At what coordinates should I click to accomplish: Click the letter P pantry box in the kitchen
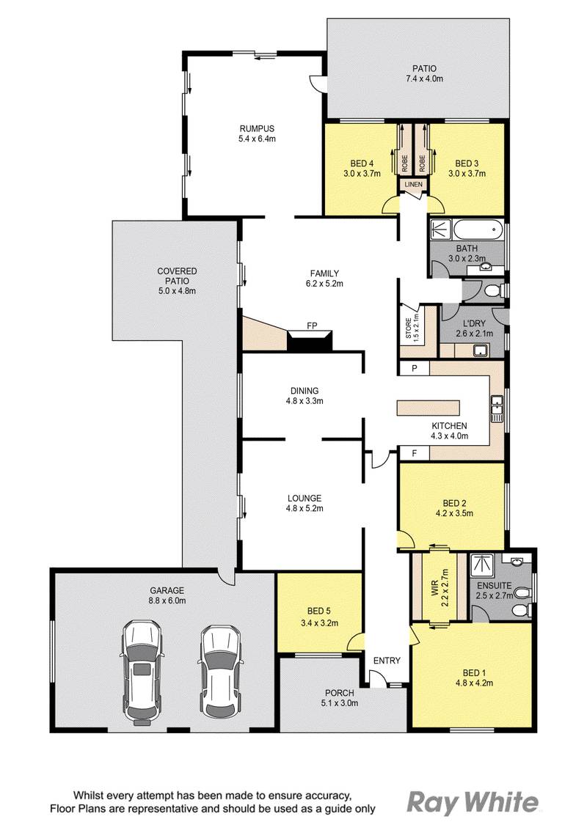(x=415, y=369)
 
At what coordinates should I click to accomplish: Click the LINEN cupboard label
(x=412, y=184)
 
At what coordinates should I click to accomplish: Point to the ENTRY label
(x=387, y=661)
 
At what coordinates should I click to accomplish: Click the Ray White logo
(x=473, y=801)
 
